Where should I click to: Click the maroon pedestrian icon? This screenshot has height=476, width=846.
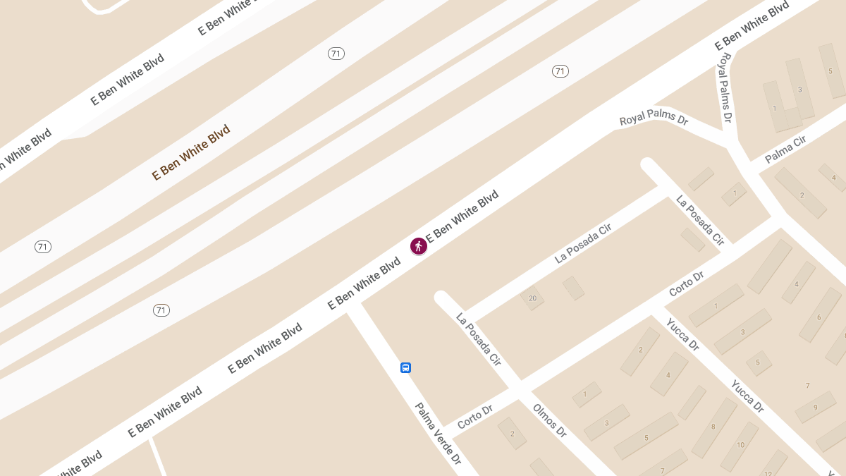click(419, 246)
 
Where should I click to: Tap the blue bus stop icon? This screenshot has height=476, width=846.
click(406, 367)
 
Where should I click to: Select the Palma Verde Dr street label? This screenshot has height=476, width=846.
click(438, 433)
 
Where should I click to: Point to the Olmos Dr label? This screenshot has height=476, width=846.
click(550, 420)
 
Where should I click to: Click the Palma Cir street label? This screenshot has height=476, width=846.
click(785, 149)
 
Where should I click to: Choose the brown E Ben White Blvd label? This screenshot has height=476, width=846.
click(191, 152)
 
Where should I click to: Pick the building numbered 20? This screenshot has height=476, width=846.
click(532, 298)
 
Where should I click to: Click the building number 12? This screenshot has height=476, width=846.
click(768, 473)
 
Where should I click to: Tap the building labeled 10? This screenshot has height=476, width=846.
click(740, 445)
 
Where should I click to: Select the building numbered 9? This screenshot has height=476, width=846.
click(815, 407)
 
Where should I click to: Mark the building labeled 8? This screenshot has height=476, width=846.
click(713, 427)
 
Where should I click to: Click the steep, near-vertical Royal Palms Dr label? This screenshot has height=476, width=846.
click(725, 87)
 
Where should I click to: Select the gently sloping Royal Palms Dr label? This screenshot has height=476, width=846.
click(654, 118)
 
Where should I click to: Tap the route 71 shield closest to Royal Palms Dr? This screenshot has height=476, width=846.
click(560, 71)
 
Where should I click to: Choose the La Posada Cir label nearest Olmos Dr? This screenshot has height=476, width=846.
click(479, 339)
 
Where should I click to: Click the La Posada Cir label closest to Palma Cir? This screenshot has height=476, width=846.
click(700, 220)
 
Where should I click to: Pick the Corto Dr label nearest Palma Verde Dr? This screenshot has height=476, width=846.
click(474, 417)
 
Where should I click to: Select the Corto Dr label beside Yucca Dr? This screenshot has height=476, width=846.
click(687, 283)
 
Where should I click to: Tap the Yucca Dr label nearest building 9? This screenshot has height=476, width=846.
click(747, 396)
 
